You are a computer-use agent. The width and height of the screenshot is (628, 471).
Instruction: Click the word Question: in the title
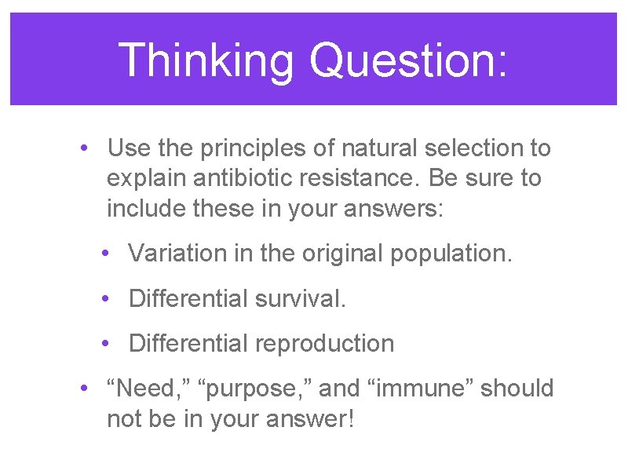point(408,60)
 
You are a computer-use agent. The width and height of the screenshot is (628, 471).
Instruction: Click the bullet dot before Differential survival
point(104,299)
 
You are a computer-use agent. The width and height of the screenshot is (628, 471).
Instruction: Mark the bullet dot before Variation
point(104,254)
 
